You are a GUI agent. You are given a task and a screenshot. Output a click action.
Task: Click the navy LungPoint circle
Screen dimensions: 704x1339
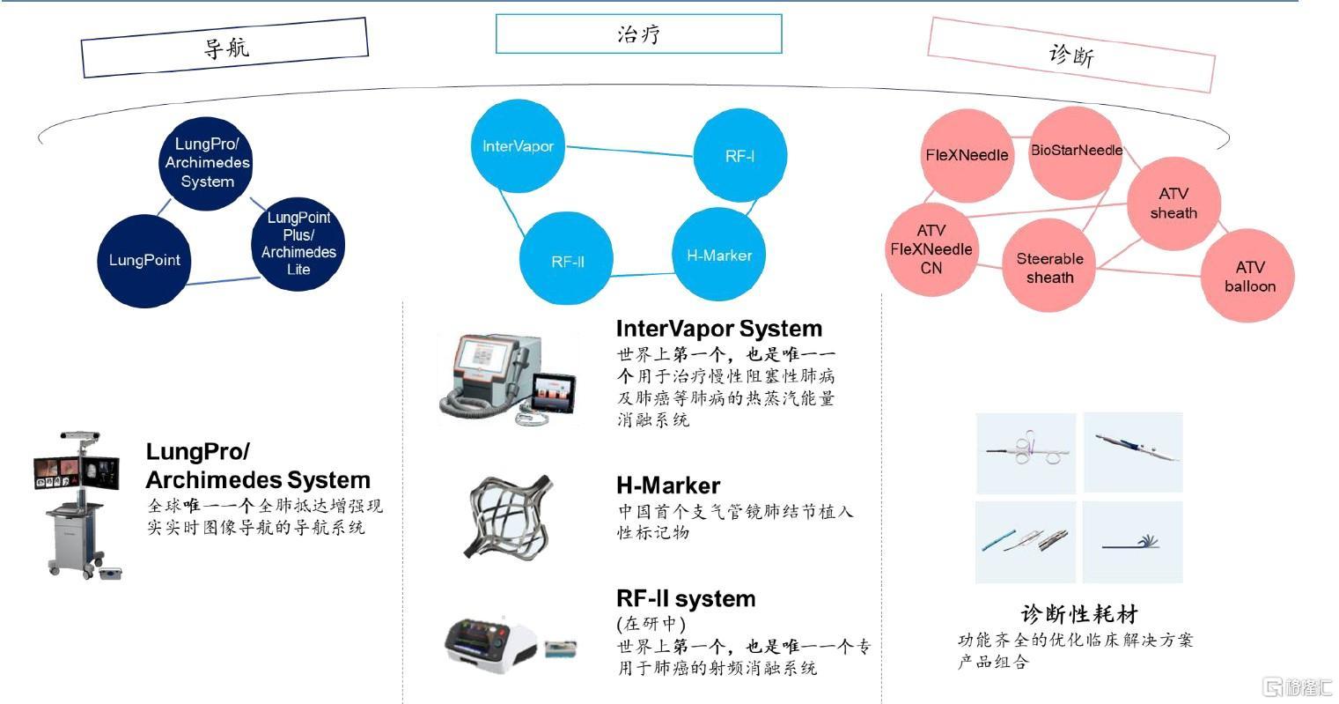coord(143,260)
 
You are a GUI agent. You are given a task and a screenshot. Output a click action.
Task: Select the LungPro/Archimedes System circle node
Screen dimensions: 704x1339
coord(208,163)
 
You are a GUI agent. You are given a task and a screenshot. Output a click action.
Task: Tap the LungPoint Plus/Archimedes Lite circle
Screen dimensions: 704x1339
coord(298,243)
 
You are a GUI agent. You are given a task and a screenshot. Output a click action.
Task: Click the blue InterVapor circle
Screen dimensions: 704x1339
coord(518,146)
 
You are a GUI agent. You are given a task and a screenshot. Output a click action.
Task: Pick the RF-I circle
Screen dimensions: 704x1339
coord(739,156)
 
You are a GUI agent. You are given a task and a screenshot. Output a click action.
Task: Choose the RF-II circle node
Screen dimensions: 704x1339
coord(567,261)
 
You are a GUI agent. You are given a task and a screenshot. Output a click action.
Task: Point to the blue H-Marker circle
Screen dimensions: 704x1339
coord(719,256)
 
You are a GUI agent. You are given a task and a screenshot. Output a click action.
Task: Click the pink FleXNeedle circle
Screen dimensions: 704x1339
coord(967,155)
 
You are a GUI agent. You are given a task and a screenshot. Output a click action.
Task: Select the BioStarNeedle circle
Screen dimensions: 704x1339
coord(1076,151)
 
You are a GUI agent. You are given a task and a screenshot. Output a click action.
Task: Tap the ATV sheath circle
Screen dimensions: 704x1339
coord(1173,204)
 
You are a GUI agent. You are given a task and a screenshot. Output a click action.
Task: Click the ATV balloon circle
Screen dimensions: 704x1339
coord(1249,277)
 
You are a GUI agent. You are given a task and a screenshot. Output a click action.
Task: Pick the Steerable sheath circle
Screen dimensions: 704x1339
coord(1049,268)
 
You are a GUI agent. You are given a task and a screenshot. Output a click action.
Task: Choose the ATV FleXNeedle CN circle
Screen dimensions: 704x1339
coord(931,249)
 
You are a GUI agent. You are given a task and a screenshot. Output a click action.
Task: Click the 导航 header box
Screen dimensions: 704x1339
coord(224,47)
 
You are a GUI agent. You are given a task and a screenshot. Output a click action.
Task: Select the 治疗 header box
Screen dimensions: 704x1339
coord(638,34)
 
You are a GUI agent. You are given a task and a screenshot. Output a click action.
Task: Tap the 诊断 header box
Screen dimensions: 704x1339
coord(1071,55)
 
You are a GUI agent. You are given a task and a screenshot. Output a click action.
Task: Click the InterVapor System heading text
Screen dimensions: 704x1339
coord(718,329)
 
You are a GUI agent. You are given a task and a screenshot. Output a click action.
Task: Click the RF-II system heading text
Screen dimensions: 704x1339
coord(685,599)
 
